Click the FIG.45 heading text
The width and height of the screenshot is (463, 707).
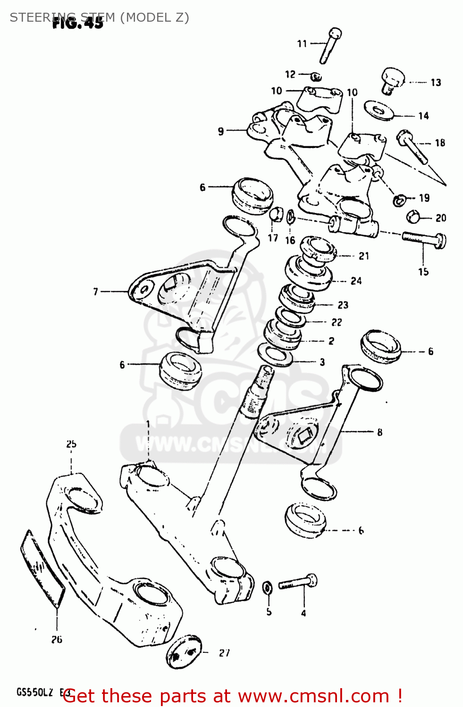[x=77, y=22]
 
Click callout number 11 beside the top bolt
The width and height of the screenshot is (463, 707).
[x=302, y=44]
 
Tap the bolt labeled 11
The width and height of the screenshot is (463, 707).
[x=330, y=46]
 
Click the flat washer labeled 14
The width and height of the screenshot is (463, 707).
[x=379, y=111]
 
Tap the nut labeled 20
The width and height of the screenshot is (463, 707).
[x=413, y=217]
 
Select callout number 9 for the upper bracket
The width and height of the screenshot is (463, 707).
[x=221, y=131]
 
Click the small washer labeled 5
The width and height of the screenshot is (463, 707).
[x=267, y=588]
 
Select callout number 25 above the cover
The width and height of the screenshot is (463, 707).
[x=71, y=444]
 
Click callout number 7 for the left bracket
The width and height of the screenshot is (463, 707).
[x=96, y=292]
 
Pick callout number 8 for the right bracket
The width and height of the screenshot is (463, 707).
[x=379, y=432]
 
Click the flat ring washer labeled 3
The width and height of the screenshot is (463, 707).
[x=276, y=355]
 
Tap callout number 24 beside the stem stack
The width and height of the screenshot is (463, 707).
[x=356, y=281]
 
